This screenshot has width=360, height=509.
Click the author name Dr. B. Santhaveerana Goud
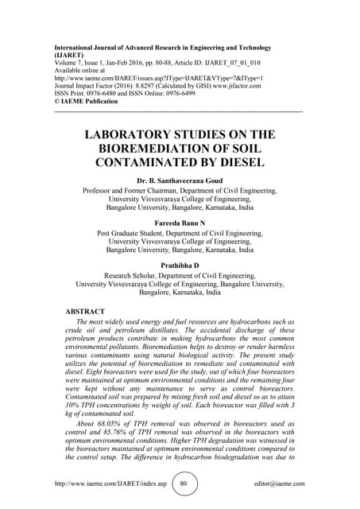click(x=180, y=181)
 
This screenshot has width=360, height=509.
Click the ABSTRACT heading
click(x=89, y=313)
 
